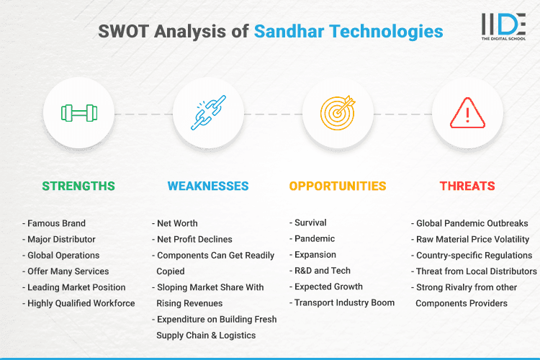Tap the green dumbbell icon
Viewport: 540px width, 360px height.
click(x=78, y=113)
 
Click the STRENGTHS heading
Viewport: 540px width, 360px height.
click(x=78, y=186)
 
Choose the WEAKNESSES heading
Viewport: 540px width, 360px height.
click(x=208, y=186)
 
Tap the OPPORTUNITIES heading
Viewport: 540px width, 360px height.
click(x=338, y=186)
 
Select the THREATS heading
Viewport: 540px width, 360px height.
click(x=467, y=186)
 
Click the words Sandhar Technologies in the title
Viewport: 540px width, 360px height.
click(x=348, y=32)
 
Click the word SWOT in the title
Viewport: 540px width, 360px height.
click(x=122, y=32)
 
